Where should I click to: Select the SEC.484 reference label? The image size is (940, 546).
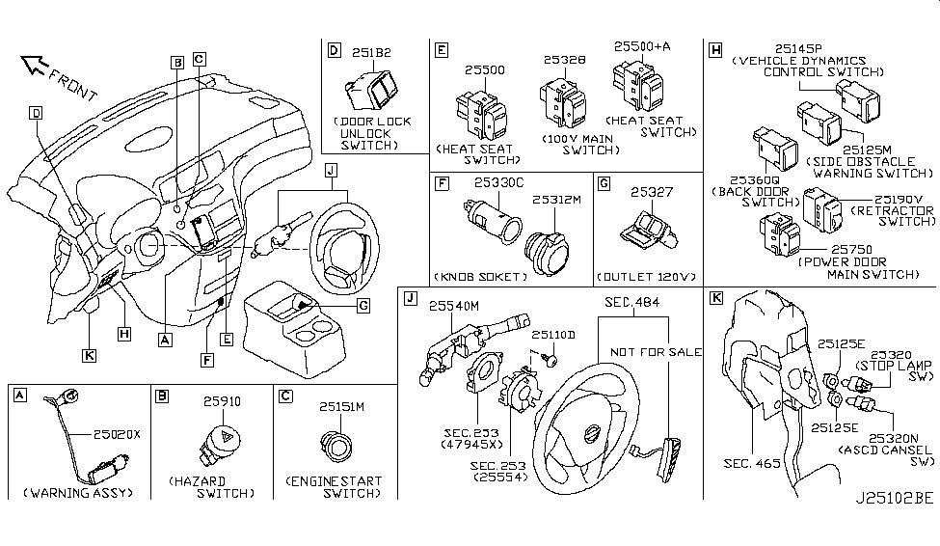pyautogui.click(x=632, y=303)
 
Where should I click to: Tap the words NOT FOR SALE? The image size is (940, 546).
pyautogui.click(x=654, y=352)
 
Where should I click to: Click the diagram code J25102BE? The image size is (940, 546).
pyautogui.click(x=894, y=500)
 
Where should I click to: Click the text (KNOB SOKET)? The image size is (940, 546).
pyautogui.click(x=481, y=277)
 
